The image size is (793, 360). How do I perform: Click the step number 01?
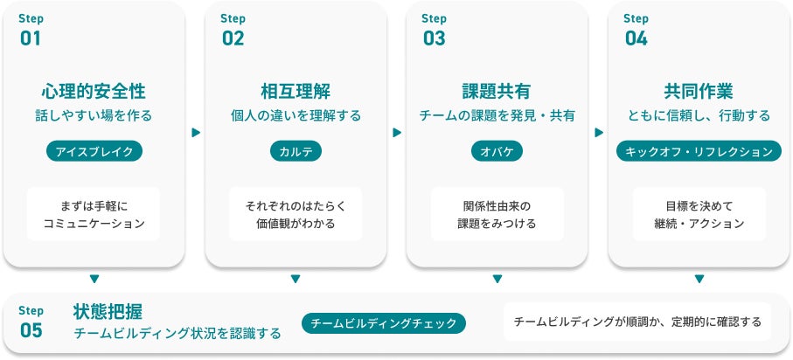(30, 38)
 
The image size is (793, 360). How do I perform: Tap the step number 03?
(434, 38)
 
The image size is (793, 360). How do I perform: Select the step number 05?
(31, 329)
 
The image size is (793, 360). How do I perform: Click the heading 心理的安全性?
(94, 92)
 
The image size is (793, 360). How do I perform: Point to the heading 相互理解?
(296, 92)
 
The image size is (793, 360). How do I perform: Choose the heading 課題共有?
(497, 92)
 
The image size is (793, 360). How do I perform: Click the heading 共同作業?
(699, 92)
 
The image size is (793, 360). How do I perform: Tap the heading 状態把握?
(108, 312)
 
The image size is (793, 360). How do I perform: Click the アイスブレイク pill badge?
(94, 151)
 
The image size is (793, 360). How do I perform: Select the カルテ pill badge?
(296, 151)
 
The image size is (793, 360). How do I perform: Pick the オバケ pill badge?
(497, 151)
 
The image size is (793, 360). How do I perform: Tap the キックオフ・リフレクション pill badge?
(699, 151)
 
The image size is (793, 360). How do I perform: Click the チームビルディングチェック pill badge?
(384, 323)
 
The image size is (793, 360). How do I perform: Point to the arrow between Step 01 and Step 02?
(195, 133)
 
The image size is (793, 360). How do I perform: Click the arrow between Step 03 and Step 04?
(599, 133)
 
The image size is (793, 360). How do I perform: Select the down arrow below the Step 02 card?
(296, 280)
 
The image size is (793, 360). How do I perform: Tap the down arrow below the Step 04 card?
(699, 280)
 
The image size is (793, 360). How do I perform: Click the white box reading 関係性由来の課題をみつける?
(497, 214)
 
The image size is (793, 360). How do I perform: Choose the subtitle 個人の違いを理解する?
(296, 115)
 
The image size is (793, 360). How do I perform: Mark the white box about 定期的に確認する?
(637, 322)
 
